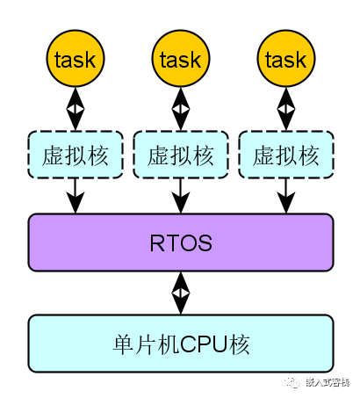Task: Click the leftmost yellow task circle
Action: point(76,59)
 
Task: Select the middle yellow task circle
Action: point(181,59)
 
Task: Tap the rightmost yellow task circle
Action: point(286,59)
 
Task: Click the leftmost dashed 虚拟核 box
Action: point(76,155)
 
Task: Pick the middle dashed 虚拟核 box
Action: point(181,155)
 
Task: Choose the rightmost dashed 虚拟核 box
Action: point(286,155)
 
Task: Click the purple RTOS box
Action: point(181,242)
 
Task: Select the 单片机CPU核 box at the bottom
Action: point(181,344)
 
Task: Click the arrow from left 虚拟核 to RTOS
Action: point(76,195)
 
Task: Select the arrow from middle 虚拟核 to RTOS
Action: point(181,195)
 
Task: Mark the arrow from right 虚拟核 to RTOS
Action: point(286,195)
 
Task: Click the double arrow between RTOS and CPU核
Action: point(181,293)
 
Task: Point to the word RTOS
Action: point(181,242)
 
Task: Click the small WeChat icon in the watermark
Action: point(292,381)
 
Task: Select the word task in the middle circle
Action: point(181,60)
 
